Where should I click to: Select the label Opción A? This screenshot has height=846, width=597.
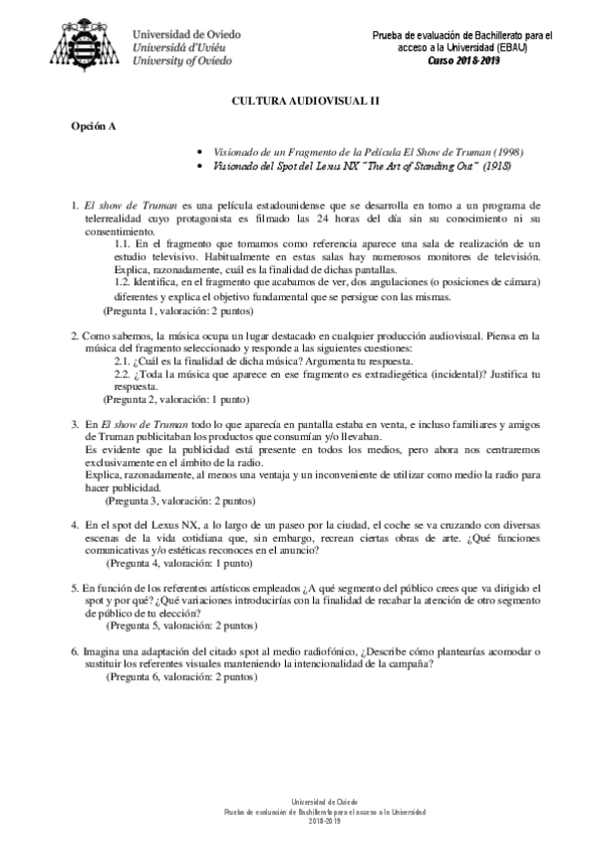(x=91, y=129)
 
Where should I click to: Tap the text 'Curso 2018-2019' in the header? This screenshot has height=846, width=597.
(x=463, y=60)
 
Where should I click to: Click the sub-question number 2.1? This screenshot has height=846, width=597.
(x=124, y=361)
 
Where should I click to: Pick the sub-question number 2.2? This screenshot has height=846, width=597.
(x=124, y=374)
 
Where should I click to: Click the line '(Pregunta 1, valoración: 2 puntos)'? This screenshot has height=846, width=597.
(x=178, y=309)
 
